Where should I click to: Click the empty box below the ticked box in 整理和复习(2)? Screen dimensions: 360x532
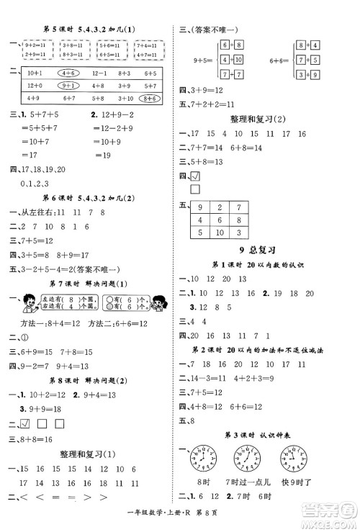194,189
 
